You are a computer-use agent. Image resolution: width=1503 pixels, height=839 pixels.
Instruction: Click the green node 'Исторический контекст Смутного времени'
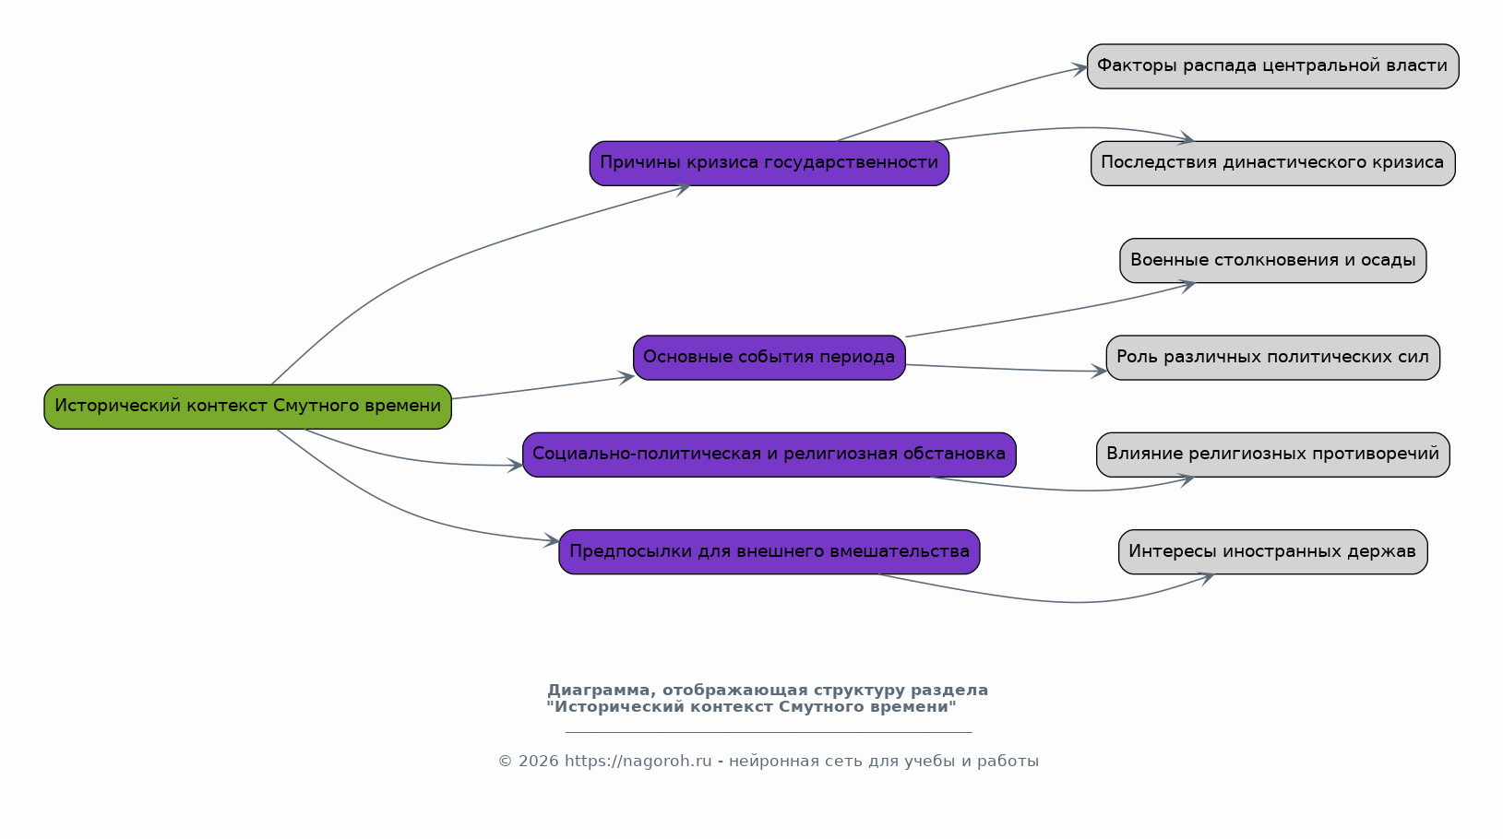247,408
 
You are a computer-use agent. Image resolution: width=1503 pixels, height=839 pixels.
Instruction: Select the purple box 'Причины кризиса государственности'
769,163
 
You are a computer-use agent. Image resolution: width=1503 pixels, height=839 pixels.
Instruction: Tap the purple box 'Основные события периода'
769,358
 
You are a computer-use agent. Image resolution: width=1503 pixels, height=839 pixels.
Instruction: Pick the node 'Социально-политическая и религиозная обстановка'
769,455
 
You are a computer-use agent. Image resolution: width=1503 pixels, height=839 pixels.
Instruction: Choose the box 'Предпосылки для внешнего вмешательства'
769,552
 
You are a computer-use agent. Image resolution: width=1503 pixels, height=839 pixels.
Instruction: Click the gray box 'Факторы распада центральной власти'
1273,66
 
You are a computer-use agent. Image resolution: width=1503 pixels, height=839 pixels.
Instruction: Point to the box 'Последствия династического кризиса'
1273,163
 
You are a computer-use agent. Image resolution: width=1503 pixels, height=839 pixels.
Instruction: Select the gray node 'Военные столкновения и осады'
1273,261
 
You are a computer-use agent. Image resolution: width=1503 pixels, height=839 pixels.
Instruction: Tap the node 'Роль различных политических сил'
1273,358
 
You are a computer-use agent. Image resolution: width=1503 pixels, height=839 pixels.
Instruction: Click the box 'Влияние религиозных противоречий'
1273,455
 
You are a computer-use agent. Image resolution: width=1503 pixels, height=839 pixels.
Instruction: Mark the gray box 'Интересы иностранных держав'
1273,552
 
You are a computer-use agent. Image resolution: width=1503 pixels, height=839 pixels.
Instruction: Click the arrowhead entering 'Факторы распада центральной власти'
1080,68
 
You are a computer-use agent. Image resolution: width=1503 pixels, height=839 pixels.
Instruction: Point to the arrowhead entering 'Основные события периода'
626,378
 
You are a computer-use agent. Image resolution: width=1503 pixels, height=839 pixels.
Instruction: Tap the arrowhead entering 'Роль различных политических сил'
1099,371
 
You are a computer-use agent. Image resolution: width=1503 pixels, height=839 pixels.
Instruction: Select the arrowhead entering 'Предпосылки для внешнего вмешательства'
552,539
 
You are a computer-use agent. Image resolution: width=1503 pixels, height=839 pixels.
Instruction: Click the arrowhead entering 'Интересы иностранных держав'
1207,578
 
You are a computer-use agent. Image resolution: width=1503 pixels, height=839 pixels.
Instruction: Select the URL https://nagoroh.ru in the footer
638,762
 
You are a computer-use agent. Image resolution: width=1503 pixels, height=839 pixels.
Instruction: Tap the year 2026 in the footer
538,762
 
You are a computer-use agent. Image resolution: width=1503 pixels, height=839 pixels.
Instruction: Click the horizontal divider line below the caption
769,732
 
